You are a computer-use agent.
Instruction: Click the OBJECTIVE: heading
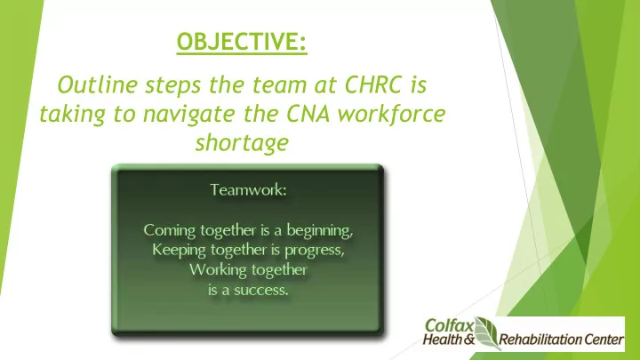pyautogui.click(x=242, y=42)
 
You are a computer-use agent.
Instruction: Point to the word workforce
pyautogui.click(x=391, y=114)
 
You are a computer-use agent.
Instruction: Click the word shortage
pyautogui.click(x=242, y=143)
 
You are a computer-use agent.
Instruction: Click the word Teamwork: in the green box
pyautogui.click(x=248, y=190)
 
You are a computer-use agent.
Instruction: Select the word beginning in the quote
pyautogui.click(x=320, y=230)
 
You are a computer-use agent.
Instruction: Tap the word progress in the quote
pyautogui.click(x=315, y=250)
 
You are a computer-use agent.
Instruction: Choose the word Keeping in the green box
pyautogui.click(x=179, y=250)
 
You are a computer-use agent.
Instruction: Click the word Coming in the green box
pyautogui.click(x=170, y=230)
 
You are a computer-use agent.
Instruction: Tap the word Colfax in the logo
pyautogui.click(x=449, y=325)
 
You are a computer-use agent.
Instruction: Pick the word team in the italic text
pyautogui.click(x=279, y=85)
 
